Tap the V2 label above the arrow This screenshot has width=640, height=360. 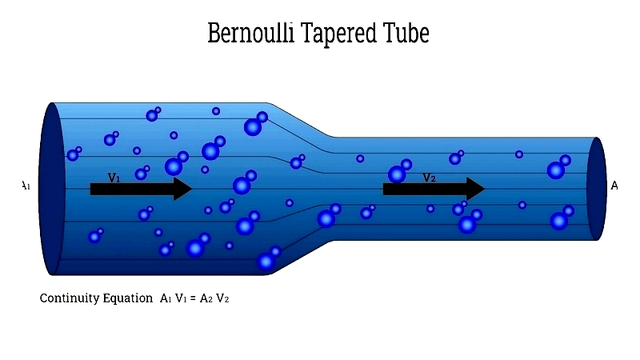coord(429,178)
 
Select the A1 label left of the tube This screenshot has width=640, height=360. coord(26,186)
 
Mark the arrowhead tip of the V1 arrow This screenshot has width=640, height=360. coord(192,189)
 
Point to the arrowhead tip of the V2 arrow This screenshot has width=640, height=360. coord(485,189)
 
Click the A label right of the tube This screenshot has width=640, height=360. coord(614,186)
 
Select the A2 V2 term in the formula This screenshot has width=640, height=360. coord(216,298)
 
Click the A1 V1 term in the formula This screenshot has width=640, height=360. coord(174,298)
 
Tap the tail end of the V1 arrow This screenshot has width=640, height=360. coord(92,189)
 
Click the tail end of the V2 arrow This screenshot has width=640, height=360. coord(385,189)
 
